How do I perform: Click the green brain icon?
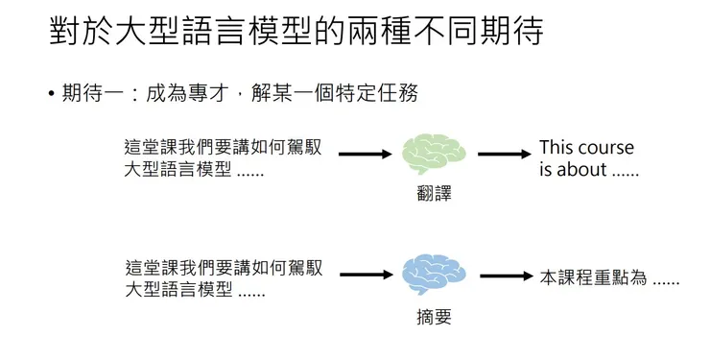point(434,153)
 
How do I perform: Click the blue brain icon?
point(434,275)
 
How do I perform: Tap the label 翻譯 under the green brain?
point(434,193)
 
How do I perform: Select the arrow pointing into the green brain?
point(367,154)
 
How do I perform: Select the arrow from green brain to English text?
point(504,154)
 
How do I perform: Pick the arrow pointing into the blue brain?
point(367,276)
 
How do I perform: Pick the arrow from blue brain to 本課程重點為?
point(506,276)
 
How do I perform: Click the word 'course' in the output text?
point(604,148)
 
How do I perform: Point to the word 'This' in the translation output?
point(556,148)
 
